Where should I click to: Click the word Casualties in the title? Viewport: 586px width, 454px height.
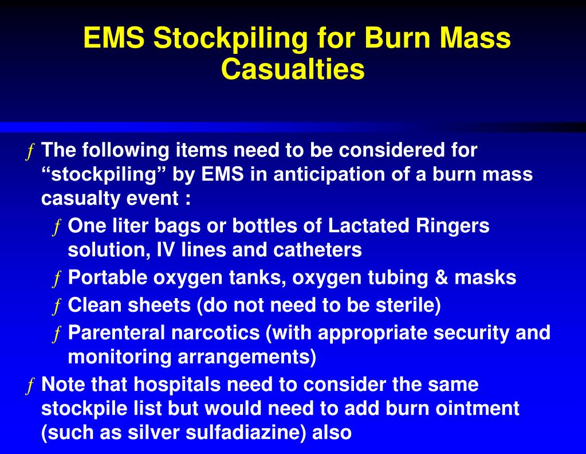pos(293,70)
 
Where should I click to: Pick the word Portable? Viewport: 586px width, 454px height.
pos(108,277)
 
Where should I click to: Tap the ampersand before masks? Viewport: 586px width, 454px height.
pos(441,277)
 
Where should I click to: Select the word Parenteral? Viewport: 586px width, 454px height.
pos(117,332)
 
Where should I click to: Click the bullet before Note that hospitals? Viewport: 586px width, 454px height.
pos(30,386)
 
